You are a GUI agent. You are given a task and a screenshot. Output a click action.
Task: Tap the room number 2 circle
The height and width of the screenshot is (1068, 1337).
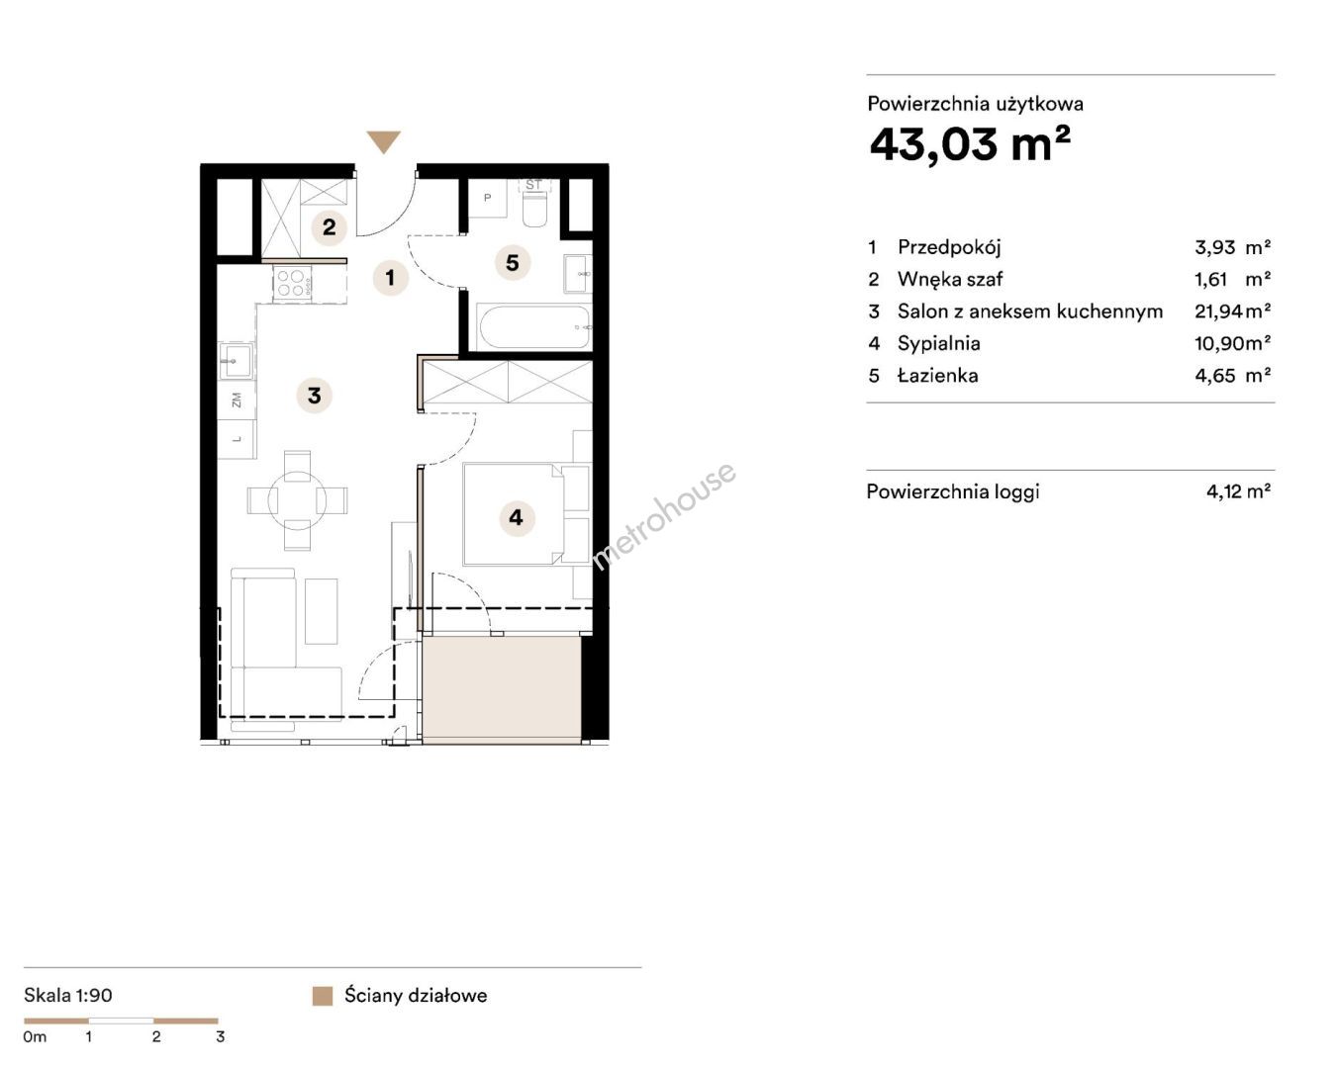pyautogui.click(x=329, y=227)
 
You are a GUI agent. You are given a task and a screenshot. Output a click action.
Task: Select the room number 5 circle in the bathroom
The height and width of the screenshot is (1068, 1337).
pyautogui.click(x=513, y=263)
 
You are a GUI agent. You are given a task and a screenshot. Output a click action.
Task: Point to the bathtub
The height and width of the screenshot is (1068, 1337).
pyautogui.click(x=534, y=327)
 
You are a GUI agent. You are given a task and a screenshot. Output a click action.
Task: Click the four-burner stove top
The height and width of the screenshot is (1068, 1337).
pyautogui.click(x=292, y=283)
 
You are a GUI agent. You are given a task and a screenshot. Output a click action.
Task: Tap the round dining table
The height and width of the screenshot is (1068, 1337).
pyautogui.click(x=297, y=499)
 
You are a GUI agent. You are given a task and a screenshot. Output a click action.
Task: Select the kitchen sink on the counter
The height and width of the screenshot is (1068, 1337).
pyautogui.click(x=237, y=360)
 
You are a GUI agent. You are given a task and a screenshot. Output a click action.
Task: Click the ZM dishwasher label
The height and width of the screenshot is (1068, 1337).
pyautogui.click(x=237, y=400)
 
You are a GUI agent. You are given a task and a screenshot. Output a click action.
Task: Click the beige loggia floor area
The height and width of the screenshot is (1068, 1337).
pyautogui.click(x=502, y=688)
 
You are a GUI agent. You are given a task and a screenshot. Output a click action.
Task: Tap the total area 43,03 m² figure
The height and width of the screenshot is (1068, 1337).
pyautogui.click(x=970, y=145)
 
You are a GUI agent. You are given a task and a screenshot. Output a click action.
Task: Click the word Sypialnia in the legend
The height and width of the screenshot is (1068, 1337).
pyautogui.click(x=939, y=343)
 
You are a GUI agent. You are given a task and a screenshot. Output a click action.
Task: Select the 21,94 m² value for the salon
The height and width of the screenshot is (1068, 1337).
pyautogui.click(x=1232, y=311)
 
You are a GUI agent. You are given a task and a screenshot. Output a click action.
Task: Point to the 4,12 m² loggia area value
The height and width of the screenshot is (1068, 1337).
pyautogui.click(x=1238, y=491)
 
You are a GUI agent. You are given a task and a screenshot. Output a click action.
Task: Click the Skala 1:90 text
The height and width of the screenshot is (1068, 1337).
pyautogui.click(x=68, y=996)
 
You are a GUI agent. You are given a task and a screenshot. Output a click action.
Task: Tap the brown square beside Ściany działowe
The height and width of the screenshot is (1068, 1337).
pyautogui.click(x=322, y=996)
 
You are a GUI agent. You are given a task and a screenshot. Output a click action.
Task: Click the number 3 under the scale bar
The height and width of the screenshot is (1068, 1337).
pyautogui.click(x=220, y=1037)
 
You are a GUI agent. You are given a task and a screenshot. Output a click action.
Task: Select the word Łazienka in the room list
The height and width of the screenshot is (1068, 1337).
pyautogui.click(x=937, y=376)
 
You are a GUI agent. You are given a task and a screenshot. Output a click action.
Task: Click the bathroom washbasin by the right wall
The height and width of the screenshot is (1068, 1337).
pyautogui.click(x=578, y=273)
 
